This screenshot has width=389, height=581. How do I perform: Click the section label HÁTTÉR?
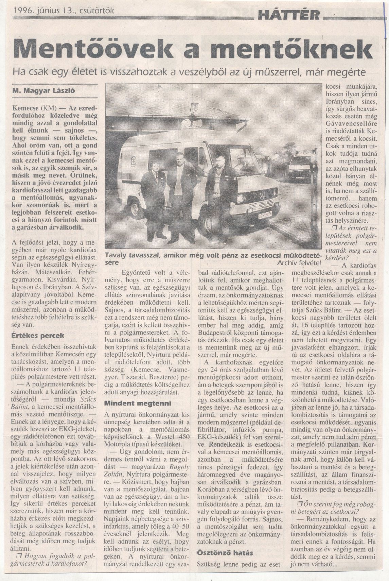[x=289, y=14]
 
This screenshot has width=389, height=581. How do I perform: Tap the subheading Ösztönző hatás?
[x=225, y=553]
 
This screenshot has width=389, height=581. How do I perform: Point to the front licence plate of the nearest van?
[x=264, y=214]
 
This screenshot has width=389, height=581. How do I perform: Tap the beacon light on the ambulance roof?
[x=194, y=108]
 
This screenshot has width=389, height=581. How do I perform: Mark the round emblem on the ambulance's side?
[x=134, y=159]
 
